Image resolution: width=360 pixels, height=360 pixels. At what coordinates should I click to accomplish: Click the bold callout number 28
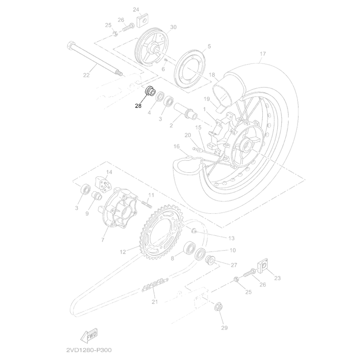[138, 106]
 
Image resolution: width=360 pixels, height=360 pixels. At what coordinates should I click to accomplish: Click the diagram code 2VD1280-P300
[89, 350]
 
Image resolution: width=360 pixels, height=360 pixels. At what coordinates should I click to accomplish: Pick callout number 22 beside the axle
[86, 75]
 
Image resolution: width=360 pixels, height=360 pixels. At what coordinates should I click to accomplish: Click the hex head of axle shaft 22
[71, 45]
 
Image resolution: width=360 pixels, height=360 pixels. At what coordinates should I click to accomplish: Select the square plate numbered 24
[143, 21]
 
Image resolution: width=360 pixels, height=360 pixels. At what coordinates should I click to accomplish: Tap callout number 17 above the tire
[263, 54]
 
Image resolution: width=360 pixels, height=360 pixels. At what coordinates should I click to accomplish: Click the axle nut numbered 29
[219, 306]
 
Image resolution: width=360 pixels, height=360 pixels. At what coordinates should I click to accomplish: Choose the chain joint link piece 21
[155, 285]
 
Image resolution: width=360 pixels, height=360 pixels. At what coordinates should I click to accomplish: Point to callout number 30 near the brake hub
[173, 27]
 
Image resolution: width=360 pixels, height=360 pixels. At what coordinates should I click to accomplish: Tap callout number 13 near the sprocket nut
[231, 238]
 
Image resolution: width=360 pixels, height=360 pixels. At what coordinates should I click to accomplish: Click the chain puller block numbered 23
[263, 265]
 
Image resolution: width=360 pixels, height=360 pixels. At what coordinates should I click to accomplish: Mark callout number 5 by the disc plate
[209, 46]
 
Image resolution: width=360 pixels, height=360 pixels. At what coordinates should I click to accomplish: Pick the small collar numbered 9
[97, 196]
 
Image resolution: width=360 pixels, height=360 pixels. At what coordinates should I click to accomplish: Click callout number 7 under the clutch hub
[103, 240]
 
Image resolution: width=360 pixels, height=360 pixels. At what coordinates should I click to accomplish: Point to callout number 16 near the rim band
[176, 147]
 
